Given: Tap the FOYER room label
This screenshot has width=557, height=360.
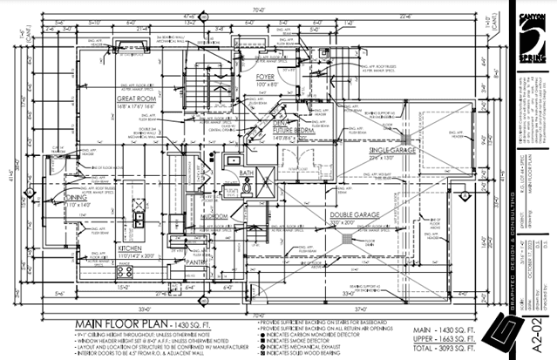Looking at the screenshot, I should (264, 76).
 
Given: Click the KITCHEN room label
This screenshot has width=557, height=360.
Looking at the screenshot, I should (106, 248).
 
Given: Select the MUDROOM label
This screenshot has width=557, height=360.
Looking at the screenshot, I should (213, 215).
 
